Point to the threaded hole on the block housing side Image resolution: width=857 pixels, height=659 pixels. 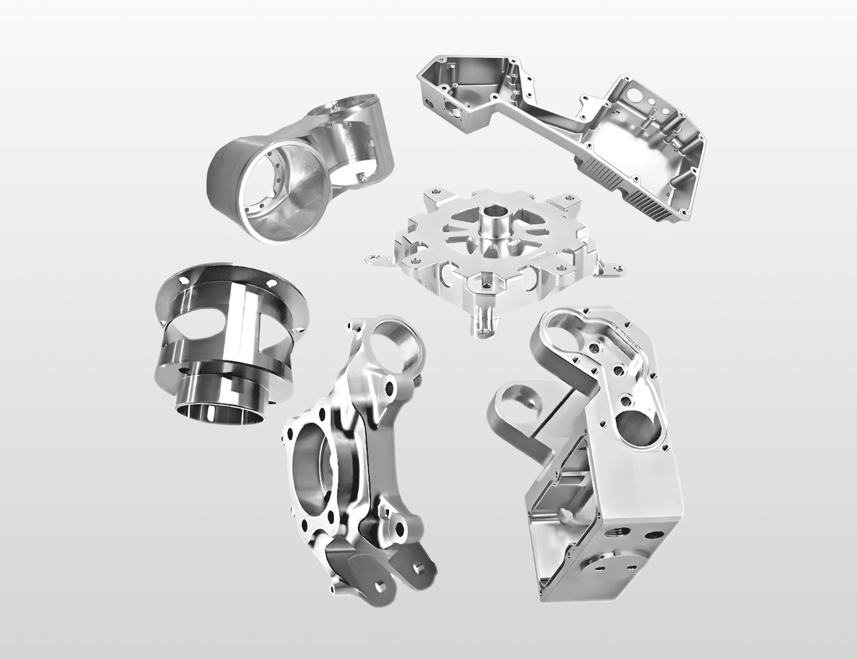620,514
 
